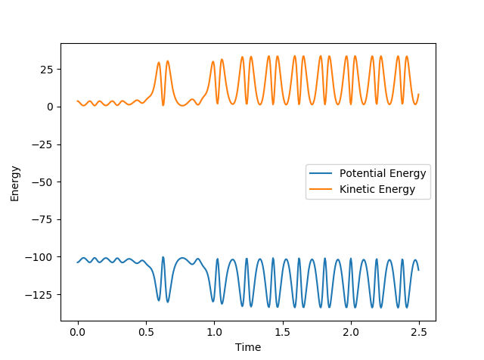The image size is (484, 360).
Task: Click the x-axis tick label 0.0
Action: pos(77,332)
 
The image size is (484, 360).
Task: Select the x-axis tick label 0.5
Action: pos(146,332)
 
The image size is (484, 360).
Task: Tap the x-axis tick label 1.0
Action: pos(214,332)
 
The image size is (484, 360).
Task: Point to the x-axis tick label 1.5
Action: pos(283,332)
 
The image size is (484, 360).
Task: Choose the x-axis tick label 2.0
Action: pos(351,332)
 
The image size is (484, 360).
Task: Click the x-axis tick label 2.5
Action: pos(420,332)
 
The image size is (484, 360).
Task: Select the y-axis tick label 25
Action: pos(48,70)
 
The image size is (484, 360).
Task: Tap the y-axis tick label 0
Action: pos(51,107)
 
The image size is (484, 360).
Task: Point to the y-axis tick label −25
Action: pos(45,144)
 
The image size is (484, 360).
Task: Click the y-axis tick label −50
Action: pos(45,182)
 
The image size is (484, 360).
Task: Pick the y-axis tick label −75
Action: pos(45,219)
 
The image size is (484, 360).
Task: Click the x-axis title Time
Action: pos(248,347)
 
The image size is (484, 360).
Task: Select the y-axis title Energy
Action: pos(15,182)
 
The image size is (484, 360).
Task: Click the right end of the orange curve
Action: pos(419,95)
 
